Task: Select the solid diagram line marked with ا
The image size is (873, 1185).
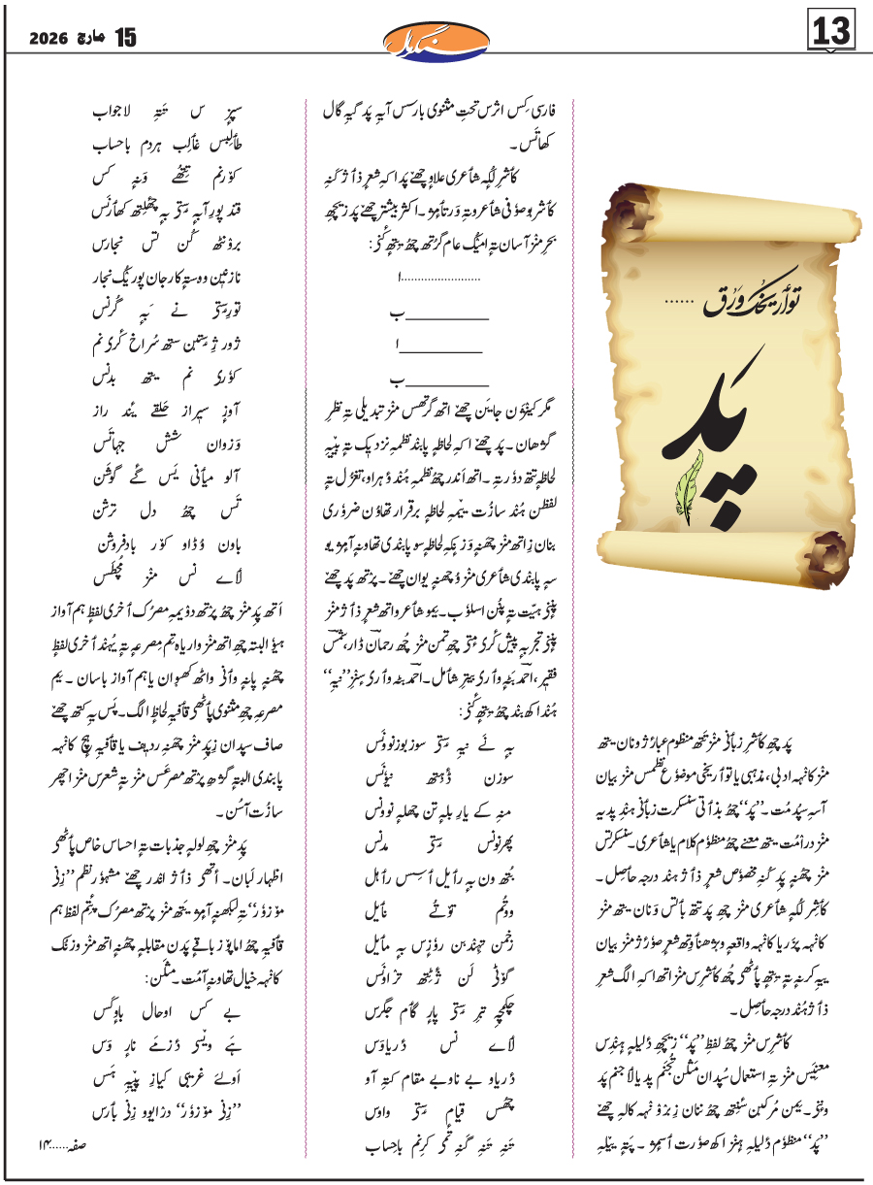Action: (440, 346)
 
